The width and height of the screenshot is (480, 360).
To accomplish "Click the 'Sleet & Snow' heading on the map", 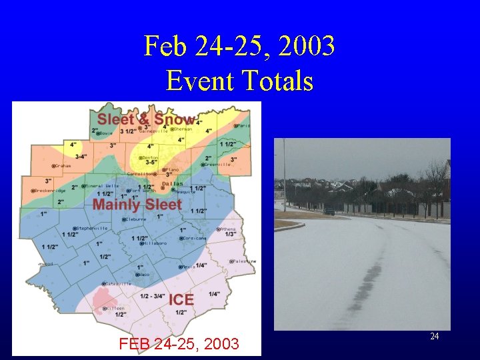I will [x=146, y=120].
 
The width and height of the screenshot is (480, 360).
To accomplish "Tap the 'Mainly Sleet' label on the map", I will [x=137, y=204].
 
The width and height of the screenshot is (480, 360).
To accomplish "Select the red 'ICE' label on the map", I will [x=181, y=300].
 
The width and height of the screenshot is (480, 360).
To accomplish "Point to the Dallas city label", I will [x=171, y=183].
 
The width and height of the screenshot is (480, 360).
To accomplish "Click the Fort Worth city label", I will [x=143, y=191].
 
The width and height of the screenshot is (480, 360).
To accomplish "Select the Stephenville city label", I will [x=93, y=228].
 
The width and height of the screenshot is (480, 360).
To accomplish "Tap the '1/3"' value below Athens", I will [x=231, y=234].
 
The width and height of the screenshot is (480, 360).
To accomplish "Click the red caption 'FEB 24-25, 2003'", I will [x=179, y=344].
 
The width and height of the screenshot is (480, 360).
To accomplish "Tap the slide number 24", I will [x=434, y=337].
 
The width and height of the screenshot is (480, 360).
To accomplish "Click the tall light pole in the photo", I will [x=284, y=173].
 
